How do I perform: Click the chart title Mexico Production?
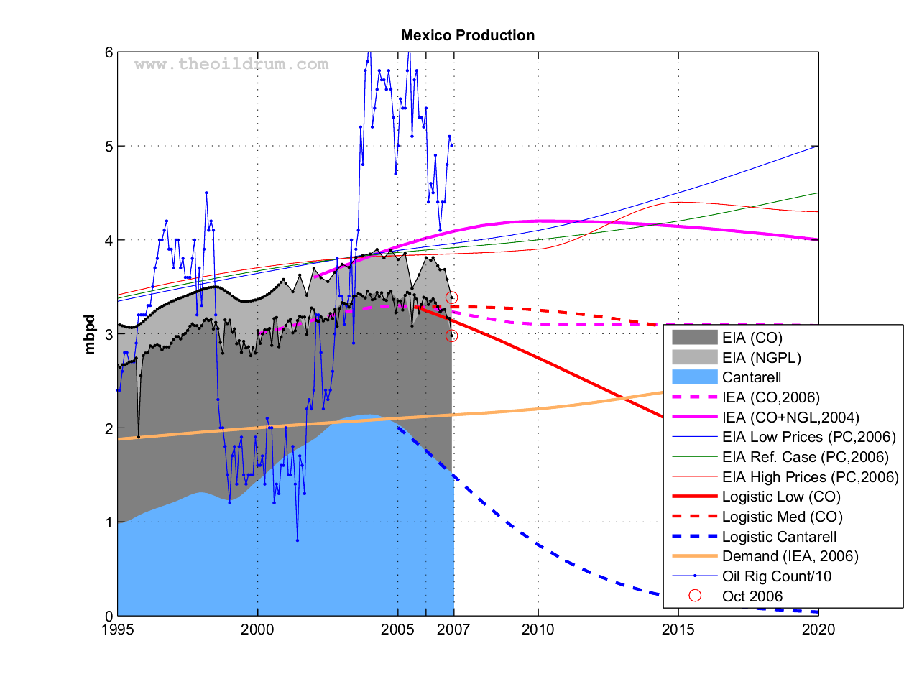tap(468, 35)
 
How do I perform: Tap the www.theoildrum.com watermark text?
tap(231, 65)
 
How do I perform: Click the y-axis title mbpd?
tap(90, 334)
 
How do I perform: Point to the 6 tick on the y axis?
tap(109, 52)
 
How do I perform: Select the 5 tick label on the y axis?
tap(109, 147)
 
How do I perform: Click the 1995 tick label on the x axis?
tap(117, 630)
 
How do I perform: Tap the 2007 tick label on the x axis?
tap(453, 630)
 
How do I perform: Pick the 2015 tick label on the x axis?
tap(678, 630)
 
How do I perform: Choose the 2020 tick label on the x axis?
tap(818, 630)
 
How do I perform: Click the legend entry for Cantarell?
tap(751, 377)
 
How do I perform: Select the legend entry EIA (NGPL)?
tap(761, 358)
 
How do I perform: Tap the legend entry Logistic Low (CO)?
tap(780, 497)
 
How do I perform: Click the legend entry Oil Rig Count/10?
tap(776, 576)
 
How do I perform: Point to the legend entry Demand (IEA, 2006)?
tap(790, 556)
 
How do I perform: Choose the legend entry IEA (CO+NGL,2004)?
tap(790, 417)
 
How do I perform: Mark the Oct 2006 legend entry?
tap(752, 596)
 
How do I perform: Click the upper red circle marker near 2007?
tap(451, 297)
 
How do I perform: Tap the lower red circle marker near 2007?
tap(451, 336)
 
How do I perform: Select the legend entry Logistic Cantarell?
tap(779, 537)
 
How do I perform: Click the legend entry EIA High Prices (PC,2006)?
tap(810, 477)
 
